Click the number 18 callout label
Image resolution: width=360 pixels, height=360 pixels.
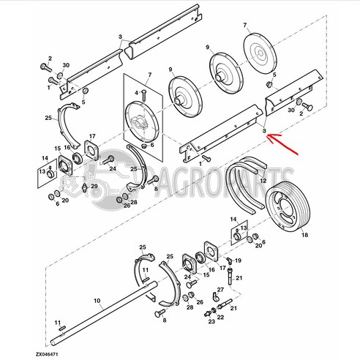[305, 236]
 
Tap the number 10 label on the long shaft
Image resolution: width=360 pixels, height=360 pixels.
[96, 300]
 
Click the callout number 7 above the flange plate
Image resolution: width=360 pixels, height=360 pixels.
[149, 76]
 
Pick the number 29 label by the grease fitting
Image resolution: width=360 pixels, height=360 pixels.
[94, 187]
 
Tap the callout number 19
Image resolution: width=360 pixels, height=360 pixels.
[238, 260]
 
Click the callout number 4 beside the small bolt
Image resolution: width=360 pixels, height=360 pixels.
[136, 93]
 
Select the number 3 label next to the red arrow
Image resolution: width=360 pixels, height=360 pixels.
[263, 129]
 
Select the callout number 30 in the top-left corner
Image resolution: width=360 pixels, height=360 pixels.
[66, 67]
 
